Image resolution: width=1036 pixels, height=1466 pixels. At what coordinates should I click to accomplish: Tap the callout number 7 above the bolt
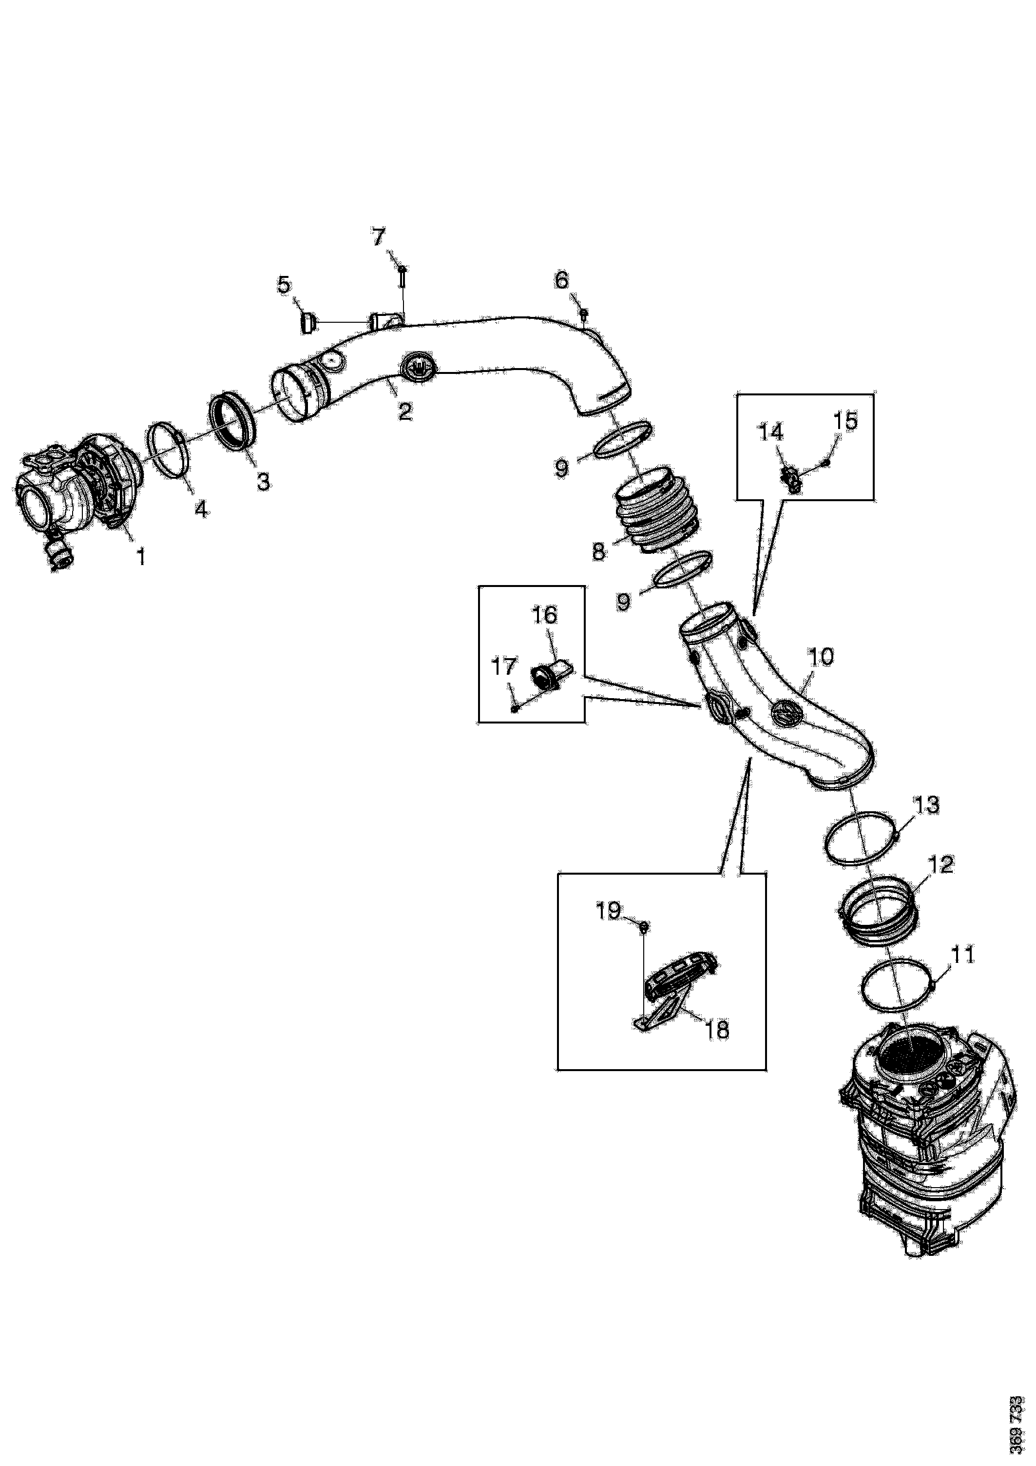tap(379, 237)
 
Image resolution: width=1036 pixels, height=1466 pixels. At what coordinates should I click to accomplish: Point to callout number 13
tap(927, 804)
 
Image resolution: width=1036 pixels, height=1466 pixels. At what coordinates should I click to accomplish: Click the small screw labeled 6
tap(583, 313)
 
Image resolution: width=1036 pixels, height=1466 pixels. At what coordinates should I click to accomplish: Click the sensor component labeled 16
tap(552, 676)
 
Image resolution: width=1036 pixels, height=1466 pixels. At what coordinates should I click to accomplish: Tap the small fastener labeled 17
tap(514, 707)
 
